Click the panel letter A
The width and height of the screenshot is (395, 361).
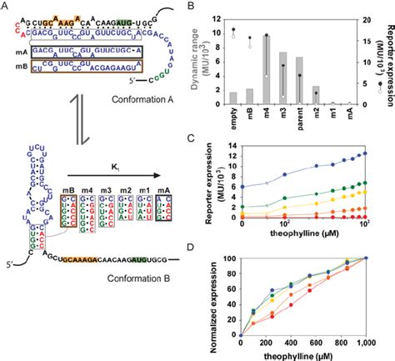coord(7,7)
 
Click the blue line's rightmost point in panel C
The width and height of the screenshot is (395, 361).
coord(363,153)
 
